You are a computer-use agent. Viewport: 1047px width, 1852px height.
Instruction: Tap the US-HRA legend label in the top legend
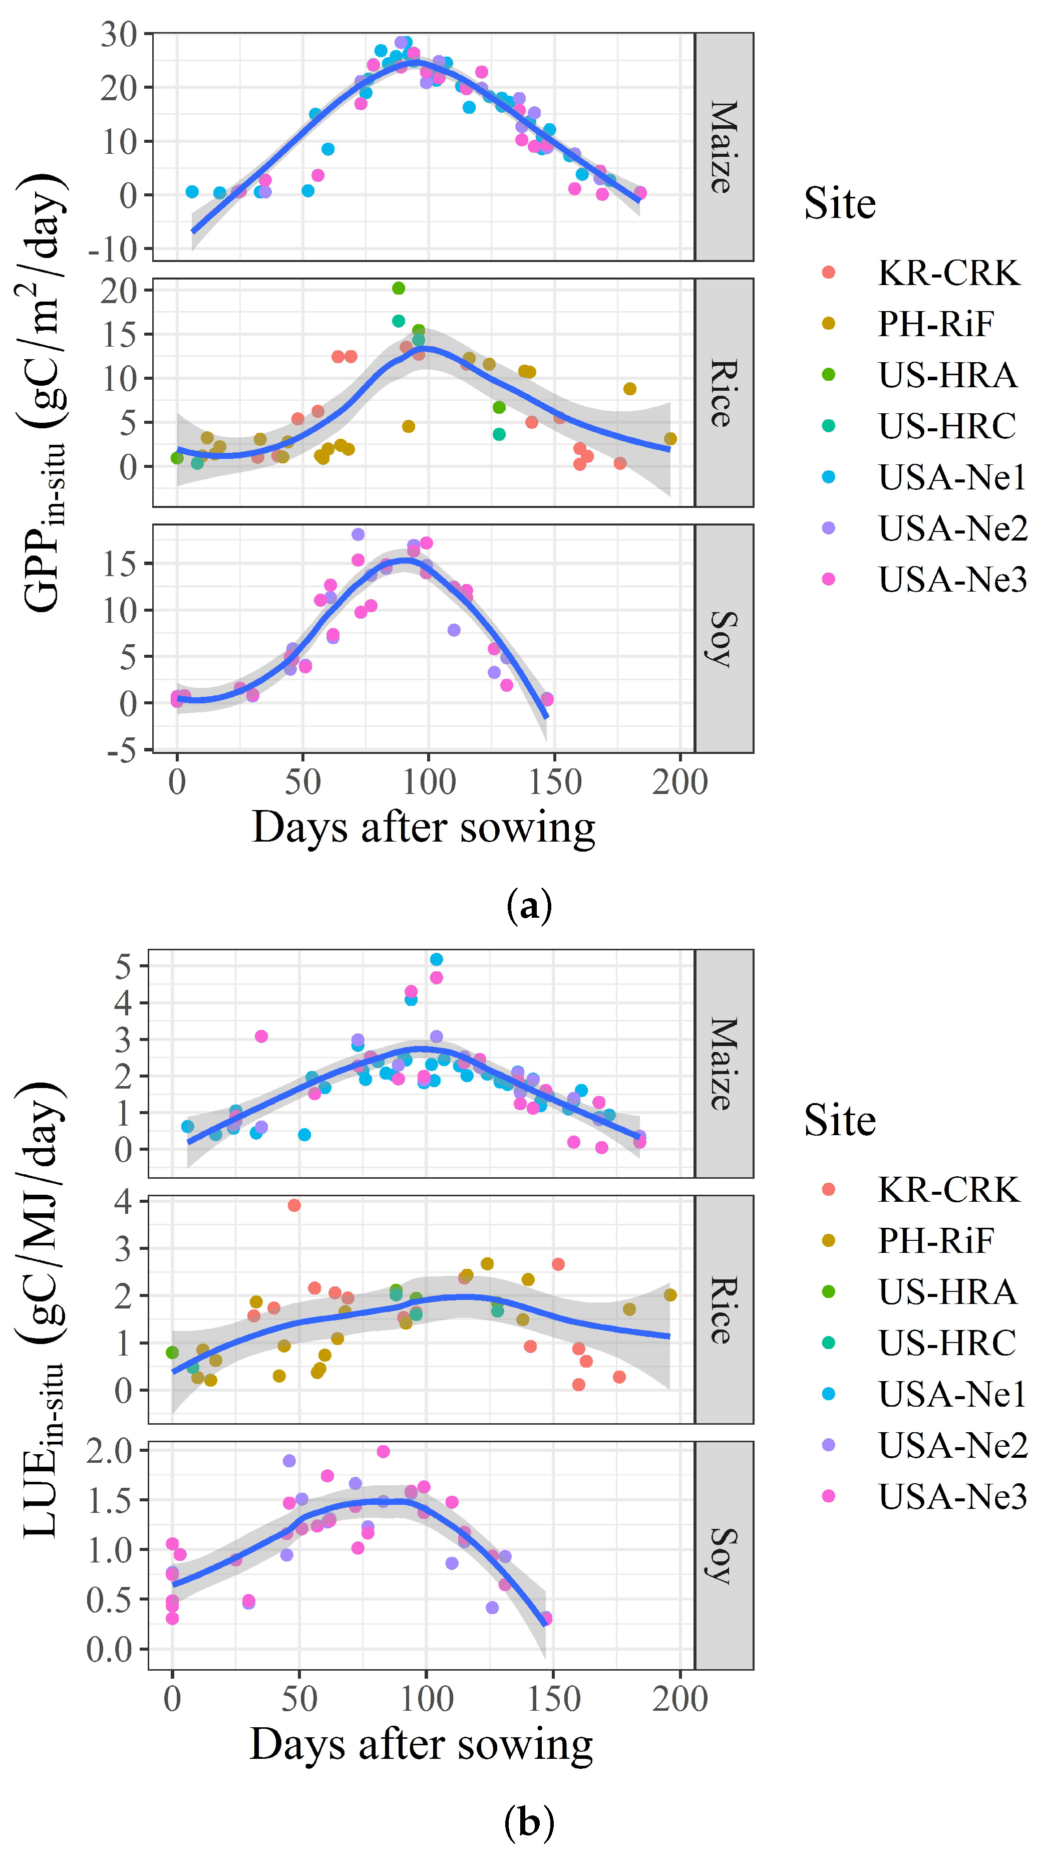pos(948,375)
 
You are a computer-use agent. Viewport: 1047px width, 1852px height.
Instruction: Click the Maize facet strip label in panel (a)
pos(724,147)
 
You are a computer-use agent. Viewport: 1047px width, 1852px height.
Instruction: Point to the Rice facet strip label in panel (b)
pos(724,1310)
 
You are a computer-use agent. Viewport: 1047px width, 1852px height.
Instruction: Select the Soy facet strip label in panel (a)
pos(724,639)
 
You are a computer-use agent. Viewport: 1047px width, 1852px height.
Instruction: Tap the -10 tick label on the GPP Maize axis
pos(112,249)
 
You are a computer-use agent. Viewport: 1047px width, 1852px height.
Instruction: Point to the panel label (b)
pos(530,1822)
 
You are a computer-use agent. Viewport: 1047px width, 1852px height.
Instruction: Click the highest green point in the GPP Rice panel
pos(399,289)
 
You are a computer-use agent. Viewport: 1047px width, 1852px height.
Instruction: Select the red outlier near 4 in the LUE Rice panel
pos(294,1205)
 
